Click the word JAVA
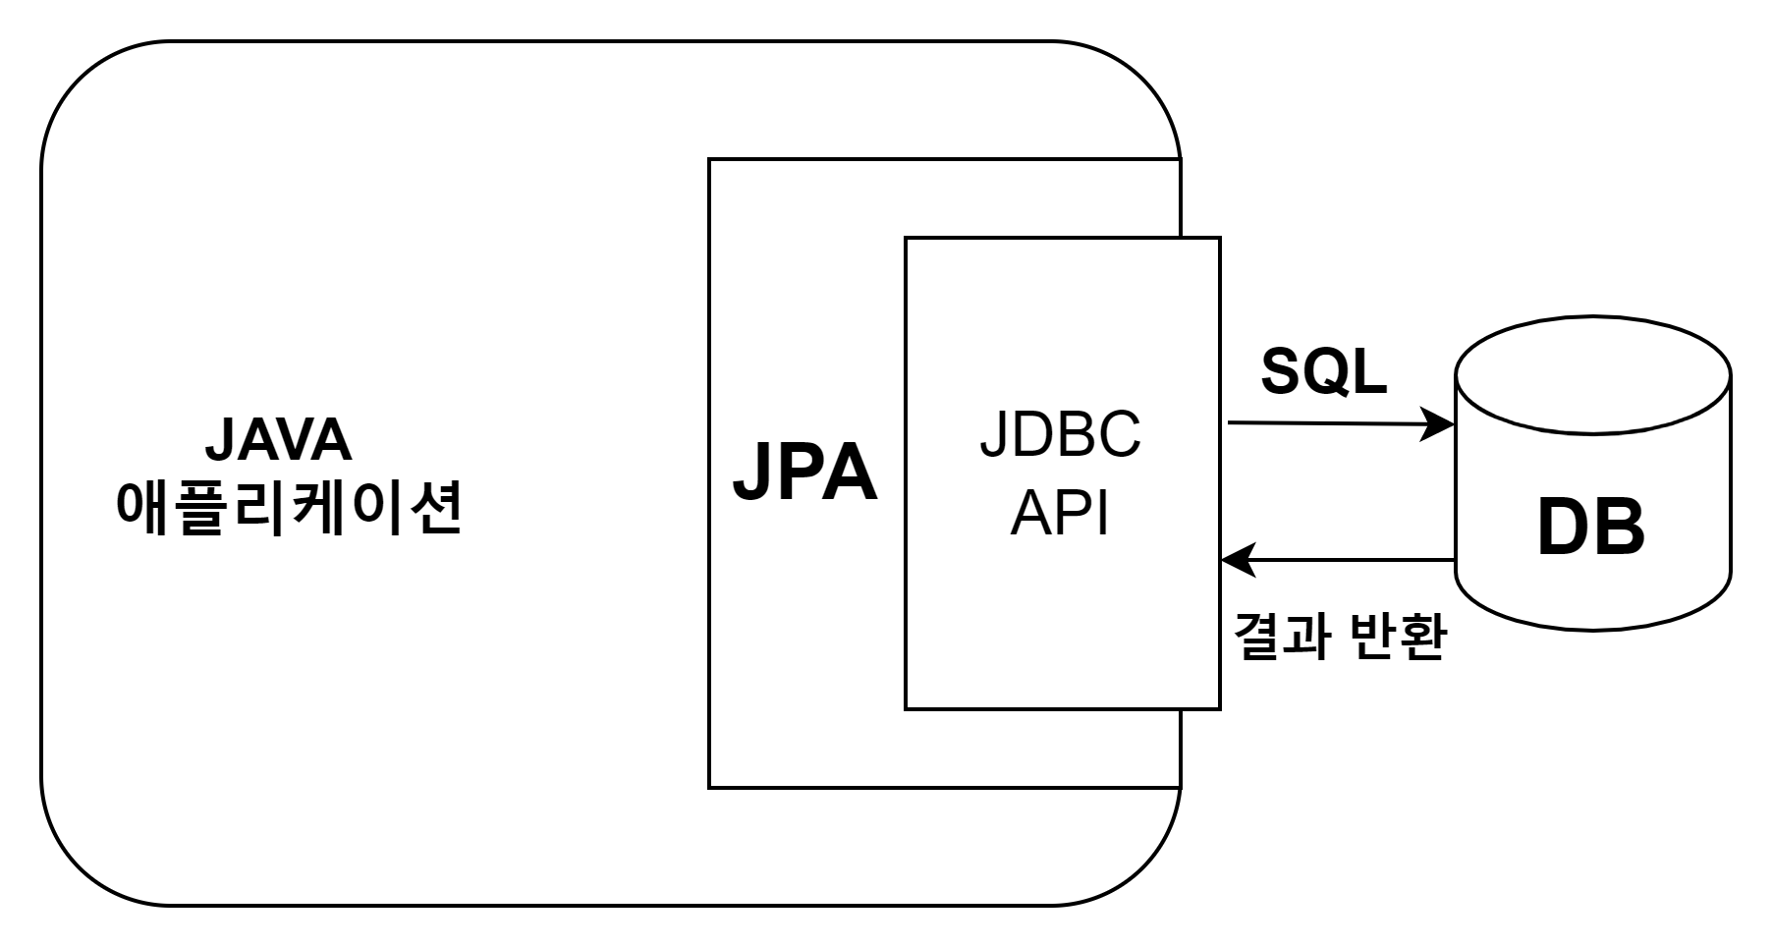pyautogui.click(x=278, y=440)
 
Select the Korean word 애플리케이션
pyautogui.click(x=289, y=508)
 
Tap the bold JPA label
pyautogui.click(x=804, y=474)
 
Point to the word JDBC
pyautogui.click(x=1060, y=435)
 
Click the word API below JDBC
pyautogui.click(x=1060, y=512)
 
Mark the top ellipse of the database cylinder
pyautogui.click(x=1592, y=376)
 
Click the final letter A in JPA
pyautogui.click(x=851, y=474)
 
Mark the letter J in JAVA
pyautogui.click(x=217, y=441)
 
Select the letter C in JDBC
pyautogui.click(x=1119, y=435)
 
